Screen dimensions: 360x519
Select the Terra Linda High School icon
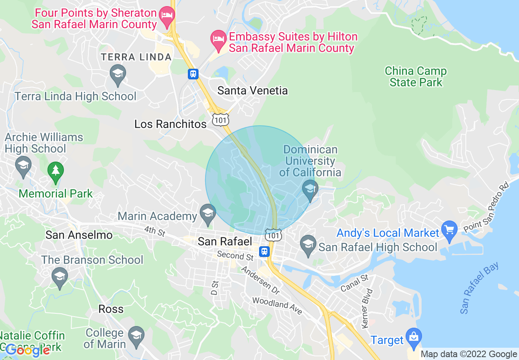click(118, 74)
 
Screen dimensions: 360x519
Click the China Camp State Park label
click(415, 76)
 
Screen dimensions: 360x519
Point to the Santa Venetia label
click(252, 90)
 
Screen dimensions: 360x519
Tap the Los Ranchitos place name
click(170, 124)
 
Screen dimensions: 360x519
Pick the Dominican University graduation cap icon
click(310, 189)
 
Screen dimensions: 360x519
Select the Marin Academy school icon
click(208, 214)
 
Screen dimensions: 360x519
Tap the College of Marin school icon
click(136, 335)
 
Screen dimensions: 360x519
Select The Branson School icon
click(60, 277)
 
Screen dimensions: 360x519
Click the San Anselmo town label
click(79, 235)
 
